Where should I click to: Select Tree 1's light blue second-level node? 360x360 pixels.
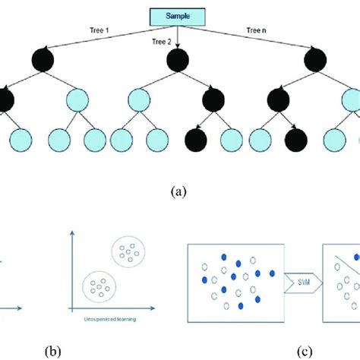click(76, 100)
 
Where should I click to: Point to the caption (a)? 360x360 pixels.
click(179, 192)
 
